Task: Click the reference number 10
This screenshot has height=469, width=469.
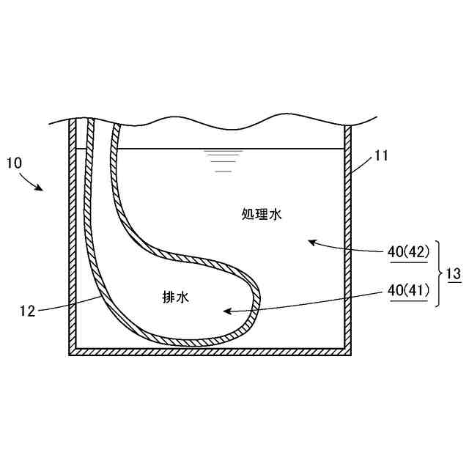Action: pos(15,162)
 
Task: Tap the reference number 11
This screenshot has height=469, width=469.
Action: pos(380,155)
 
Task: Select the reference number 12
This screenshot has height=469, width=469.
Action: pos(27,310)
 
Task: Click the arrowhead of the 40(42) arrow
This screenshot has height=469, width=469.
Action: pos(311,241)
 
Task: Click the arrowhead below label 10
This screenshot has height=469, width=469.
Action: pos(42,188)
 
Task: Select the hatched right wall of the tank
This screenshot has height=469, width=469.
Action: pos(348,242)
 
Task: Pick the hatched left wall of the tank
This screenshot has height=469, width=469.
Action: pos(73,242)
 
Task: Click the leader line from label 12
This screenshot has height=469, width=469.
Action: pos(70,303)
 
